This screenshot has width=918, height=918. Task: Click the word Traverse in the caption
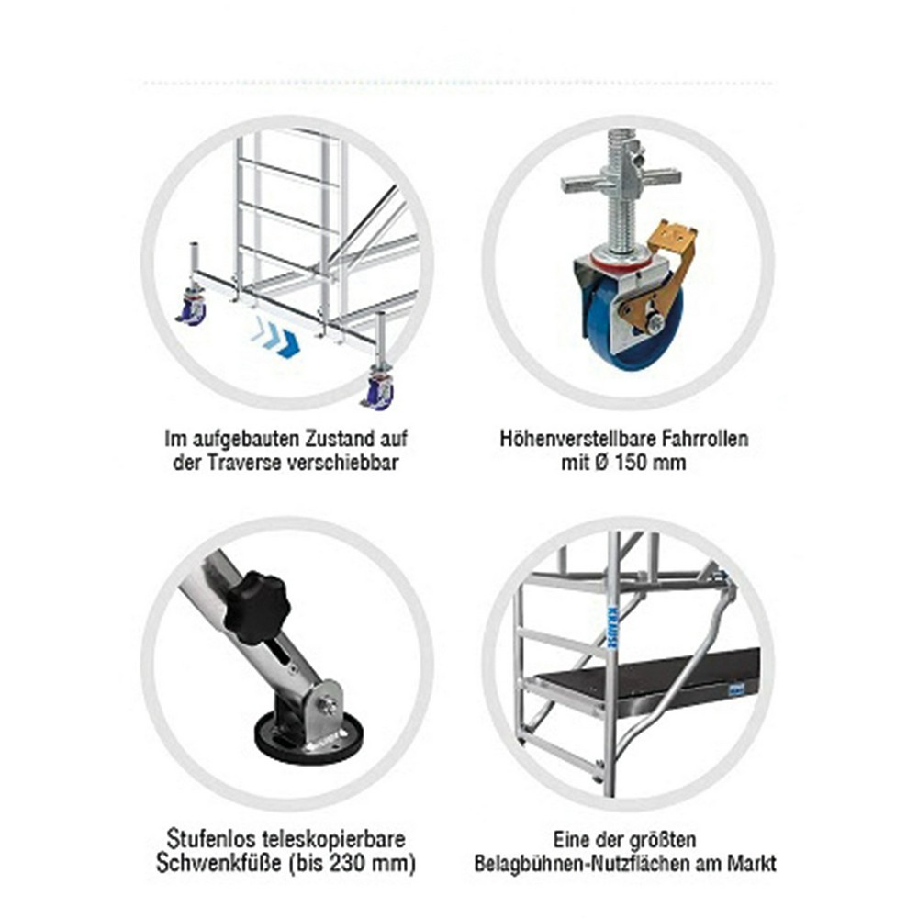click(x=245, y=463)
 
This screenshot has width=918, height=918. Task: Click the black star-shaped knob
click(x=256, y=608)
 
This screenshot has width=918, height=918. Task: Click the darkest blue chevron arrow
click(x=288, y=343)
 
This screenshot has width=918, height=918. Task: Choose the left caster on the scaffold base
click(x=193, y=308)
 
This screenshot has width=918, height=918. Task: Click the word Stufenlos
click(x=203, y=840)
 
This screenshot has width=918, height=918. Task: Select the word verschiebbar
click(x=343, y=463)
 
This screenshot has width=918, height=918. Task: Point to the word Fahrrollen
click(x=705, y=439)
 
